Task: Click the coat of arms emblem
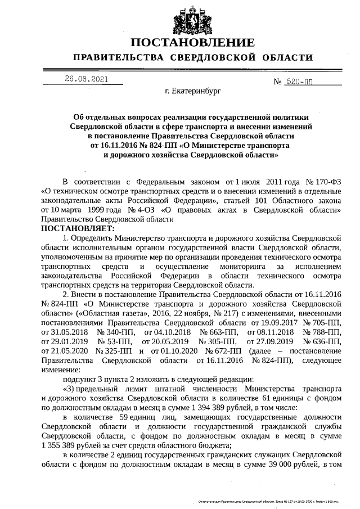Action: [x=193, y=20]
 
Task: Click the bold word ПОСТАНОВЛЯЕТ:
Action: [x=78, y=229]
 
